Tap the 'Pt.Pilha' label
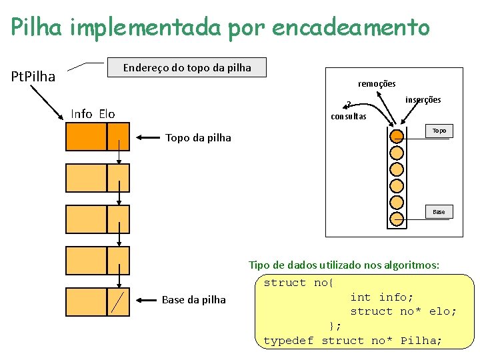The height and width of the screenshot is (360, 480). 34,76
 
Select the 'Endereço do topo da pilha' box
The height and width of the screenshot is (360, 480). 187,67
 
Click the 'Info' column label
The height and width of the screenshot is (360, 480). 82,114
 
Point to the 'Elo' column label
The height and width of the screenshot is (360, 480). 107,114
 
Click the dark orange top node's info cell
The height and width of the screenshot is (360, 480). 86,137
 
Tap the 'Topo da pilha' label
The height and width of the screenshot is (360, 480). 198,138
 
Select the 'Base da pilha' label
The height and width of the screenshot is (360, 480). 194,300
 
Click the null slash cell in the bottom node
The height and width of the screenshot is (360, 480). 119,301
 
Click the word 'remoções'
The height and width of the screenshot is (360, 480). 377,84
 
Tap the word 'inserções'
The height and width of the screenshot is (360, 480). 423,100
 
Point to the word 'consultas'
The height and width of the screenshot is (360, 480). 349,116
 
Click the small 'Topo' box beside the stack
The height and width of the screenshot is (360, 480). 439,131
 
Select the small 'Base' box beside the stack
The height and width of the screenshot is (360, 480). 439,212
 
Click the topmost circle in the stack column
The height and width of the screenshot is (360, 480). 397,137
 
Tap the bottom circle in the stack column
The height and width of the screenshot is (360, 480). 397,217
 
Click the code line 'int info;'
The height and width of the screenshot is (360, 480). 382,297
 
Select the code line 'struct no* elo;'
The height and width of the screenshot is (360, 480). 403,311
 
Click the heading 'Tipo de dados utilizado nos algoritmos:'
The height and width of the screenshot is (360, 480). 344,265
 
